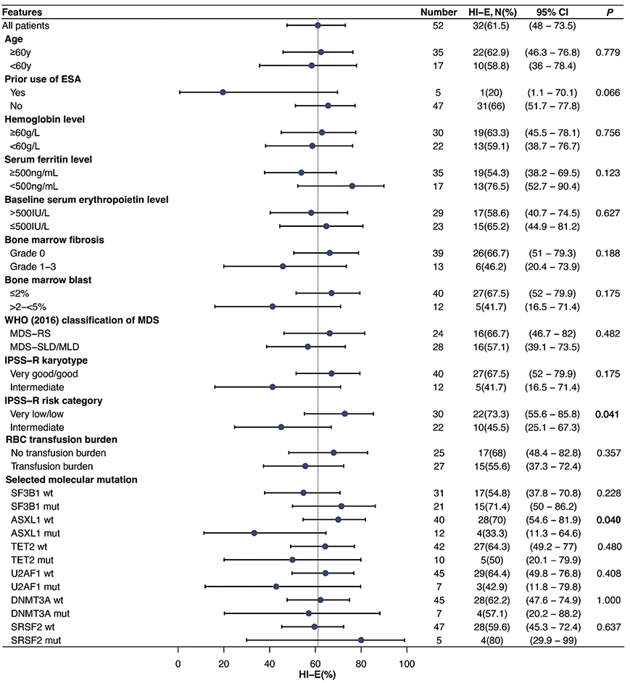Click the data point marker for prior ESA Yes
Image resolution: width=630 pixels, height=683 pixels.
tap(223, 92)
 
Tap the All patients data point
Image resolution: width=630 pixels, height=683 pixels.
tap(318, 25)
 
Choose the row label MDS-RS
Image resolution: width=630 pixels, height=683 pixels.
tap(30, 333)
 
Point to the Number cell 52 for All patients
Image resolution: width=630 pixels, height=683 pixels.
tap(437, 25)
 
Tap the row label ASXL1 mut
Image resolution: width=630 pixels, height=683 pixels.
tap(35, 533)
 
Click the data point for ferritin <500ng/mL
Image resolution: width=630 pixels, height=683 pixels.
tap(352, 186)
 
